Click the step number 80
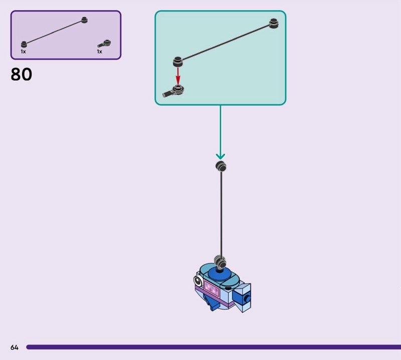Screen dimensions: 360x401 tap(21, 75)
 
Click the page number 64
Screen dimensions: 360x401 tap(14, 347)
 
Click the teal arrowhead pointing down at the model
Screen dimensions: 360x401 tap(220, 156)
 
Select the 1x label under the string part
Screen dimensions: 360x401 tap(23, 52)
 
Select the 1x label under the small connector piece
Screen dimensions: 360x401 tap(99, 52)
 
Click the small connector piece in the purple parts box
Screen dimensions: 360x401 tap(104, 44)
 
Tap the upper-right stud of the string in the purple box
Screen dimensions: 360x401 tap(85, 20)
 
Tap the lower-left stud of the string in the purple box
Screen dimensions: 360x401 tap(24, 45)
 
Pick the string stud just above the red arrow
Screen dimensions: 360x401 tap(177, 62)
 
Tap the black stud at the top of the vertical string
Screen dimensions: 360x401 tap(221, 166)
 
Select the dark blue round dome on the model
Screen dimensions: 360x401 tap(219, 273)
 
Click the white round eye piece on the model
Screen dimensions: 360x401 tap(199, 279)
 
